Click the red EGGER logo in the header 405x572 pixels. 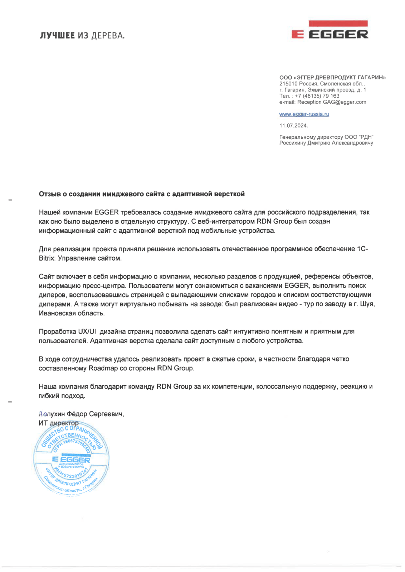[x=330, y=30]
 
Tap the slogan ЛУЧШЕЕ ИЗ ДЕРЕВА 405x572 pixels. [x=82, y=35]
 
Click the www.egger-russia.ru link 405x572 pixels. [x=304, y=114]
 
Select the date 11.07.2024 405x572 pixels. [x=293, y=125]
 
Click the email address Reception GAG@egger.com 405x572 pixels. [x=332, y=102]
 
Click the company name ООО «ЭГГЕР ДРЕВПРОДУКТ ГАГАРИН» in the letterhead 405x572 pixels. [x=332, y=77]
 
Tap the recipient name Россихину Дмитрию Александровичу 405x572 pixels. [x=326, y=143]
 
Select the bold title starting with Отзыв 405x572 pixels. [x=142, y=194]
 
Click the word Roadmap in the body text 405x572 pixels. [x=103, y=368]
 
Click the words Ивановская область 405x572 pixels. [x=72, y=314]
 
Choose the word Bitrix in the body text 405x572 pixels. [x=47, y=258]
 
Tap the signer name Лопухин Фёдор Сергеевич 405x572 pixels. [x=81, y=414]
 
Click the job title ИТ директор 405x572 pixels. [x=58, y=423]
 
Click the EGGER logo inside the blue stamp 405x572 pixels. [x=71, y=459]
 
